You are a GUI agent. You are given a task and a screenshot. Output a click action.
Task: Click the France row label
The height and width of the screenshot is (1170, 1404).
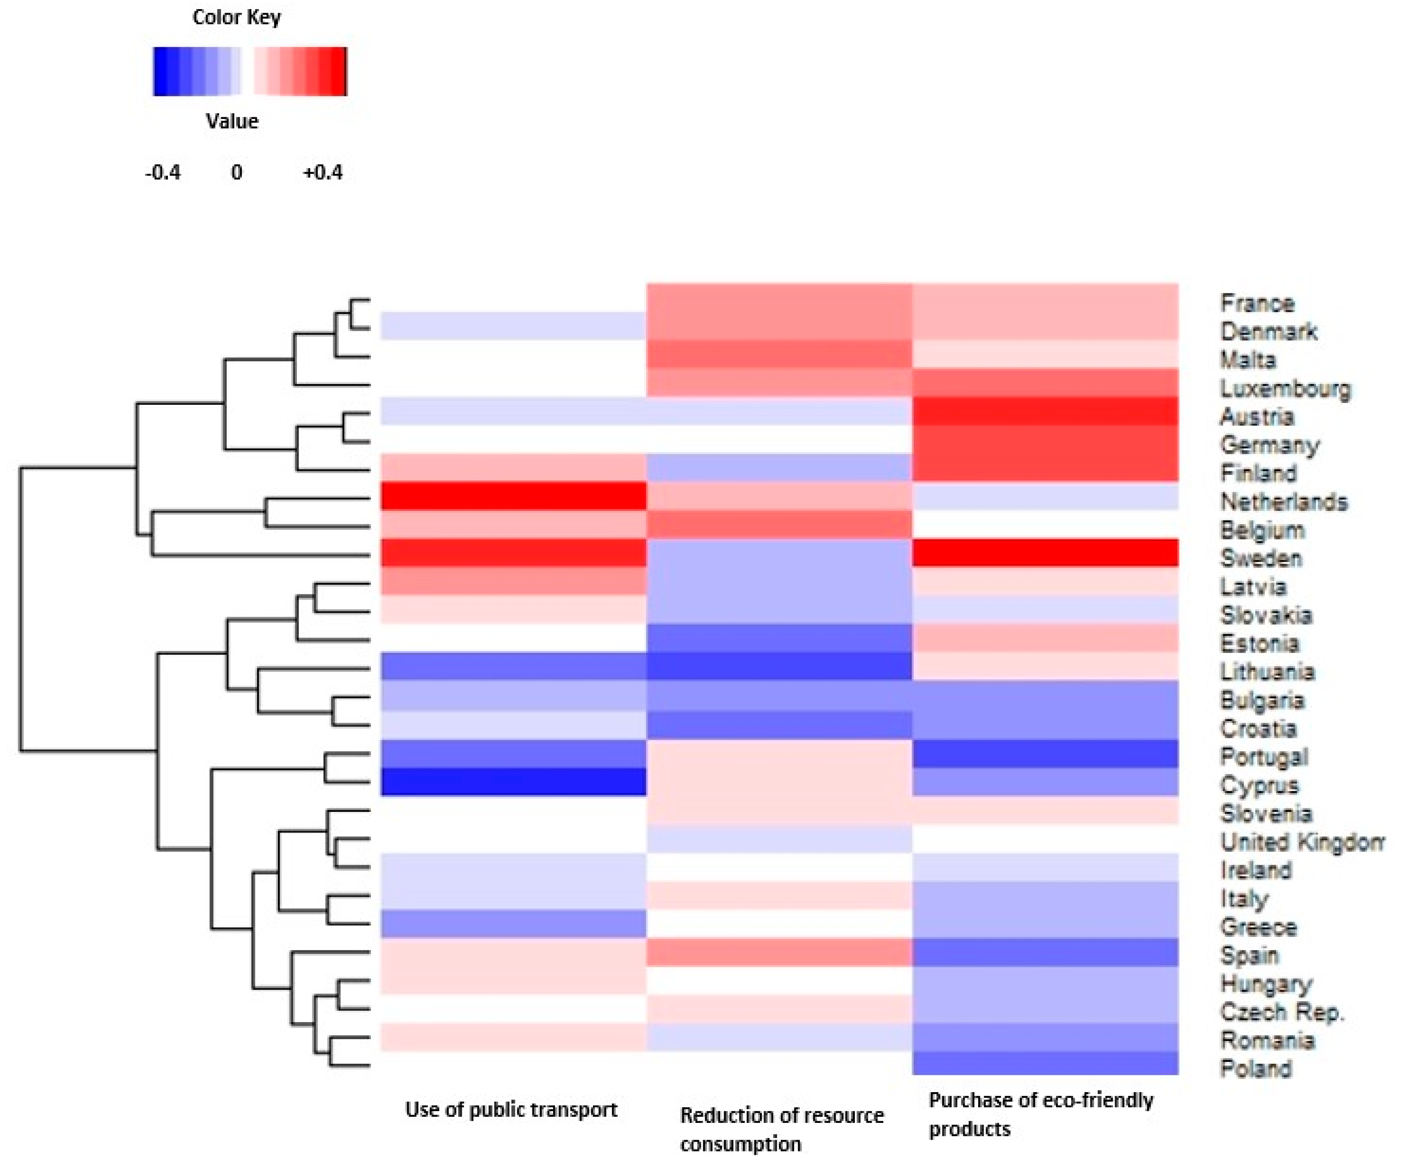[1257, 303]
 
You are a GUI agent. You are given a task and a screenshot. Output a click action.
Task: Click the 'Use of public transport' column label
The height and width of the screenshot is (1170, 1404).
[511, 1110]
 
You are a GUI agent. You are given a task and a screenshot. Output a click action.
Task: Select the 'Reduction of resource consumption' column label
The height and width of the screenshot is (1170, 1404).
[781, 1130]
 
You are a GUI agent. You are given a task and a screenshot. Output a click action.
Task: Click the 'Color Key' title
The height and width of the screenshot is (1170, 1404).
[237, 17]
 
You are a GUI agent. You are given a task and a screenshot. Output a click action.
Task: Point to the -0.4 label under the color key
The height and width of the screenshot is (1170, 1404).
[162, 173]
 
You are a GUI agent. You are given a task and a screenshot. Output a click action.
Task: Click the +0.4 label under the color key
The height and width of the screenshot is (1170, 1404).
[322, 173]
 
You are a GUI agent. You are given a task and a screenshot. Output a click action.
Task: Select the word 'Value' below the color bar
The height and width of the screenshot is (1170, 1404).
[232, 122]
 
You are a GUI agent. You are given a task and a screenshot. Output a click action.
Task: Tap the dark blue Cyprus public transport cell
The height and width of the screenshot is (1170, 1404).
[513, 781]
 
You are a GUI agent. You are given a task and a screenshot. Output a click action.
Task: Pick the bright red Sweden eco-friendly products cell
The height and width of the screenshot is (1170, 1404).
[1045, 553]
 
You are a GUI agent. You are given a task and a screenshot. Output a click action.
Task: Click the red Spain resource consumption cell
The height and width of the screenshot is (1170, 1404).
[779, 952]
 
